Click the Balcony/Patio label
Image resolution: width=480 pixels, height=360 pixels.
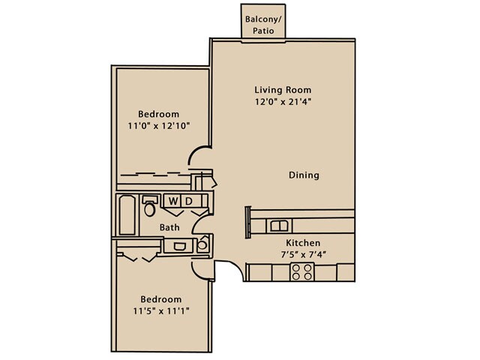click(263, 25)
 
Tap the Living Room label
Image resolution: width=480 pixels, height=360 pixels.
click(283, 90)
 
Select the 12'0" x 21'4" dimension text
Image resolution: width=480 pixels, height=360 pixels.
click(283, 102)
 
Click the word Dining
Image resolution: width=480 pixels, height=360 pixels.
click(304, 175)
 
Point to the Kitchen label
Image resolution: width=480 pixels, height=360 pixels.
click(303, 243)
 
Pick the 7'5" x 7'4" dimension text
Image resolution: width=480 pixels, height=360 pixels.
click(303, 255)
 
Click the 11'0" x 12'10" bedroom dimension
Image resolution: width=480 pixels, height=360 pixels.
click(159, 125)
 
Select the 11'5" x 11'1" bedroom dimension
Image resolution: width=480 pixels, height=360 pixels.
click(161, 311)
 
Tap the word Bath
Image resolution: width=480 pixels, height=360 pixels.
click(169, 227)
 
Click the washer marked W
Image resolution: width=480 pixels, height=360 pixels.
click(173, 201)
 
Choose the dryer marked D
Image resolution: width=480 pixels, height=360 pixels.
click(190, 201)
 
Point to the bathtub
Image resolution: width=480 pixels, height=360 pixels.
click(127, 215)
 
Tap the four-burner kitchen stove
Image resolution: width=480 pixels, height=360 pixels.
click(301, 272)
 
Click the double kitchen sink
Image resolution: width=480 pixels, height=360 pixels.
click(279, 226)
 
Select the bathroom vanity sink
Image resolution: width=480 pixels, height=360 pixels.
click(179, 246)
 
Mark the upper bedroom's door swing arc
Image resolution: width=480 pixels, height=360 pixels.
click(195, 151)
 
